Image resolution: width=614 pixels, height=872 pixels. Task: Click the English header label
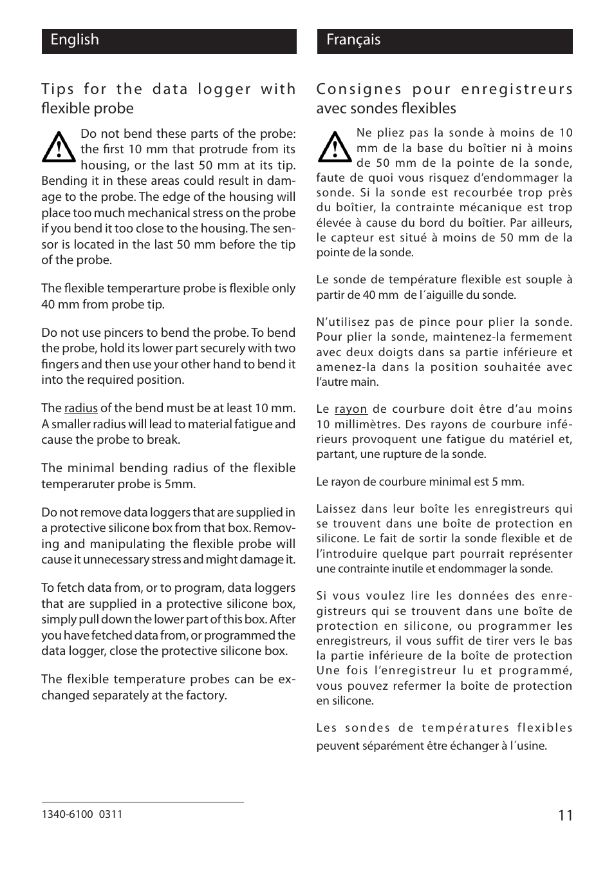pos(75,40)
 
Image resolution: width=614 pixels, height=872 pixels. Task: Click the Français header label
pos(353,40)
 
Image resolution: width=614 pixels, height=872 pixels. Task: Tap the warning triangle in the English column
pos(58,147)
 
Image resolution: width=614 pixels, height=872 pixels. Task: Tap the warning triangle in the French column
pos(333,147)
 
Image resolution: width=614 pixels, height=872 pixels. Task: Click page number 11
pos(564,815)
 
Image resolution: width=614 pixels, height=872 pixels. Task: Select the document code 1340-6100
pos(68,814)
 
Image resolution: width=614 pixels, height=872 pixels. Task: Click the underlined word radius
pos(81,408)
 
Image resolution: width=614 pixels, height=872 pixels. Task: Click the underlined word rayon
pos(351,409)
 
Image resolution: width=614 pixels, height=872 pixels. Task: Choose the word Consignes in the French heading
pos(357,89)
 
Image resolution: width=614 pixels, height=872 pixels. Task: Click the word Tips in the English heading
pos(57,89)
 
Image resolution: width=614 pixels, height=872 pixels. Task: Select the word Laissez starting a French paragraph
pos(335,509)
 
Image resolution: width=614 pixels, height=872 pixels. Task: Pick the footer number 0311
pos(111,814)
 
